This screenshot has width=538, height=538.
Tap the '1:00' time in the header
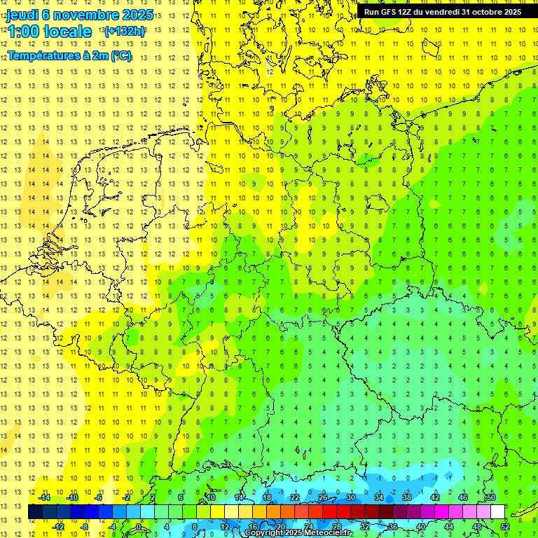pos(24,32)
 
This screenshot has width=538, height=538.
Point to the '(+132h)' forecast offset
pos(125,32)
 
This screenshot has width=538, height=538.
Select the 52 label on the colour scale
pos(505,527)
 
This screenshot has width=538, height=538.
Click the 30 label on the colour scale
pos(350,497)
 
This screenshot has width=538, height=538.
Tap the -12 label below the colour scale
pos(58,527)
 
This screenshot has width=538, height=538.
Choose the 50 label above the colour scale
pos(490,497)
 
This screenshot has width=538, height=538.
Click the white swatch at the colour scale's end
pos(497,512)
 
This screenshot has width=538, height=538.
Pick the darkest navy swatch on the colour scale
pos(36,512)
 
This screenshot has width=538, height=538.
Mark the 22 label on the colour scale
pos(295,497)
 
